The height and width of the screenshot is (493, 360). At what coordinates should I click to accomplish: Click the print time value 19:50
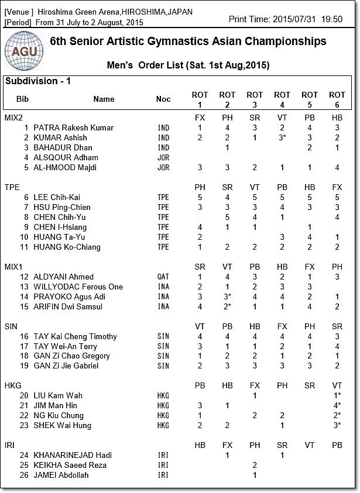(x=331, y=19)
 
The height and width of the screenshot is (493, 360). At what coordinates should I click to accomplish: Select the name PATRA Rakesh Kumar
(x=73, y=127)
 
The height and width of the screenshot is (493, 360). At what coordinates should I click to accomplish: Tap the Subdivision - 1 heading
(x=38, y=81)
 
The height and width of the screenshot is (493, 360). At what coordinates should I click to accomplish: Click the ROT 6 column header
(x=337, y=99)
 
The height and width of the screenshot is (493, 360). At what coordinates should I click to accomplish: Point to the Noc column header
(x=163, y=99)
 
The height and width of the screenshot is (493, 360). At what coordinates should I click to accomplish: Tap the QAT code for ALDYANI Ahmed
(x=163, y=277)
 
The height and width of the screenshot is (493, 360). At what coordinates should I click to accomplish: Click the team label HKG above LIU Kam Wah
(x=13, y=386)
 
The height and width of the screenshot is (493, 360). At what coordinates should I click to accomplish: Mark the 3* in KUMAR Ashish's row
(x=284, y=137)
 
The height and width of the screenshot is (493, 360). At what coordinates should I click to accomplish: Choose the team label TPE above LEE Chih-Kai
(x=12, y=187)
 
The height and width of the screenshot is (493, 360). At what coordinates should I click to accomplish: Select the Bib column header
(x=22, y=99)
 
